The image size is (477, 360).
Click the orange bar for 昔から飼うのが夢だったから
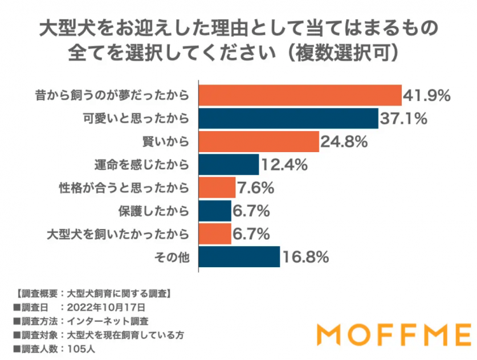point(300,95)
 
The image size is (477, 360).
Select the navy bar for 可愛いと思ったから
point(288,118)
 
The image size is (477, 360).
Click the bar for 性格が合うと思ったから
point(217,187)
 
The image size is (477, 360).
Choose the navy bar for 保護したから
point(214,210)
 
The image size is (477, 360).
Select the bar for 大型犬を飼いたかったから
point(214,233)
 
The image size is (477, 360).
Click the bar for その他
point(239,256)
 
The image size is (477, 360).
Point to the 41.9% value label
point(427,95)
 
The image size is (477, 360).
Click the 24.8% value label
point(343,141)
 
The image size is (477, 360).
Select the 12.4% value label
point(284,165)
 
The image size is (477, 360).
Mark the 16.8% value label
point(305,257)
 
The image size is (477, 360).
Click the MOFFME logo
point(394,333)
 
